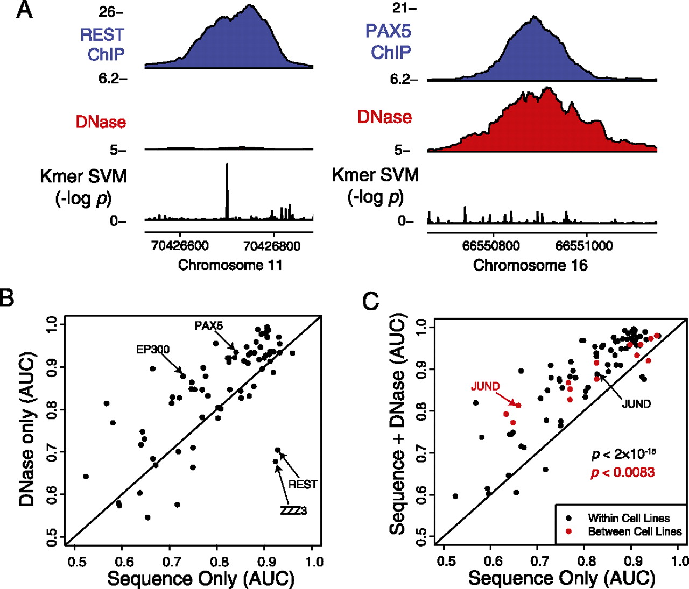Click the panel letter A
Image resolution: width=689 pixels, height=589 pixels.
click(x=24, y=10)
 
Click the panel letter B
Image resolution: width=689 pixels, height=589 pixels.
click(x=7, y=297)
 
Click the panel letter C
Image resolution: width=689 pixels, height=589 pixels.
click(x=371, y=302)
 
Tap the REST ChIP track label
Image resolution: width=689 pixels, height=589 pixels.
click(x=102, y=44)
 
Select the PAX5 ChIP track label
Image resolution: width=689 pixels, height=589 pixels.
click(x=388, y=41)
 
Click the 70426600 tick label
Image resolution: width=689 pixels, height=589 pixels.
click(x=180, y=246)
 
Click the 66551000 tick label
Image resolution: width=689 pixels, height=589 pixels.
click(x=584, y=246)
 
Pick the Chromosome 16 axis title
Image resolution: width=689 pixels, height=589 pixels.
click(x=530, y=265)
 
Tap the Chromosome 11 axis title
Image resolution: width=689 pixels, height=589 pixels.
click(x=230, y=265)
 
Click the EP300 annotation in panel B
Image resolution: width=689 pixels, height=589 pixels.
click(x=153, y=350)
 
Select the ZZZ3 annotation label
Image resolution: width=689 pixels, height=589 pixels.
click(x=293, y=510)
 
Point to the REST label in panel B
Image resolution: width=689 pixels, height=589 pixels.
click(x=303, y=485)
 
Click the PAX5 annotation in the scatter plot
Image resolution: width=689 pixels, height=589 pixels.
click(x=209, y=326)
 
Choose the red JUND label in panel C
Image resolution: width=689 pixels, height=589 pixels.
click(x=485, y=386)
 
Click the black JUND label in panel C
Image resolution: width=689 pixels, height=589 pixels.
click(x=636, y=404)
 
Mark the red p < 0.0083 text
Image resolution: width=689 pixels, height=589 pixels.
click(x=623, y=472)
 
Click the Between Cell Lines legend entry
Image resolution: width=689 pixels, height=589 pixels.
click(x=635, y=531)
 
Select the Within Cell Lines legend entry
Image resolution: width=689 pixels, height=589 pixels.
click(x=629, y=518)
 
